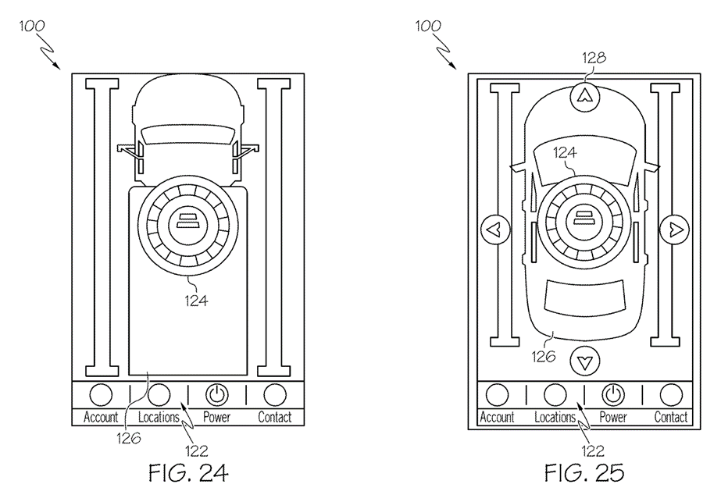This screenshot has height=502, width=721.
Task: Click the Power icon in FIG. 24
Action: click(217, 394)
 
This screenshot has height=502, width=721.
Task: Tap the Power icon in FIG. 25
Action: click(613, 394)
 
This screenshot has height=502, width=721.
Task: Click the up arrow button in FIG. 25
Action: click(585, 96)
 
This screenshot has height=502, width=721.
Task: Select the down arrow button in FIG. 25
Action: click(585, 361)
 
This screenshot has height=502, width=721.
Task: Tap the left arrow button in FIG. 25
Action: click(495, 229)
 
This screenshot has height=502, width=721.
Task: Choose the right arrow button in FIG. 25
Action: click(675, 229)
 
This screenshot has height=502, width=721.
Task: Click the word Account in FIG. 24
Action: click(101, 418)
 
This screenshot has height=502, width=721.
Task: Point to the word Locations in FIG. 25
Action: click(555, 418)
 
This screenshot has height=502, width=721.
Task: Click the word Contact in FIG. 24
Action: click(274, 418)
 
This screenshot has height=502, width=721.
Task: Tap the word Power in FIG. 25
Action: click(613, 418)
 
